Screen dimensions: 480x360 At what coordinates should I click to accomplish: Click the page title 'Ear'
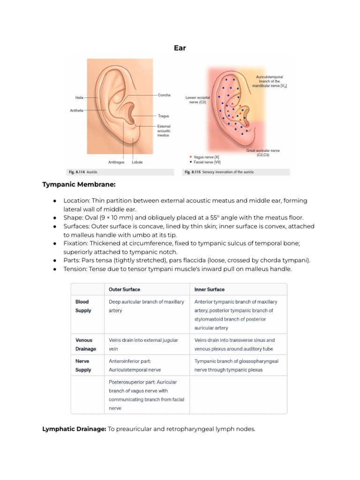coord(180,48)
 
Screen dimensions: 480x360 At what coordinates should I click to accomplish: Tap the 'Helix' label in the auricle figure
coord(79,97)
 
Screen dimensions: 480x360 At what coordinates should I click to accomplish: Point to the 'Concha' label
coord(164,95)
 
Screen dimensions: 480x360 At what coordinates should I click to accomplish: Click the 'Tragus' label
coord(163,116)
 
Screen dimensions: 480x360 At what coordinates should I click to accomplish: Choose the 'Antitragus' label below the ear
coord(116,162)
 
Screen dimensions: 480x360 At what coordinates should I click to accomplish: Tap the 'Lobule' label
coord(137,162)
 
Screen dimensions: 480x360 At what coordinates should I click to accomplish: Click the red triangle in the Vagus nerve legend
coord(190,157)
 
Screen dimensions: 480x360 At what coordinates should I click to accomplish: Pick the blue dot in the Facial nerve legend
coord(190,162)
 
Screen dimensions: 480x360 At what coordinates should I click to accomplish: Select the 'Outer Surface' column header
coord(124,289)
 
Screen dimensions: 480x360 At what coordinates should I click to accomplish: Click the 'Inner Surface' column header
coord(210,289)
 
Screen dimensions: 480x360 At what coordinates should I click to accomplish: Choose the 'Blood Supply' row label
coord(82,306)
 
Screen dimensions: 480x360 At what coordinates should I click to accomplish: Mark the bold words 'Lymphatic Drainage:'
coord(74,428)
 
